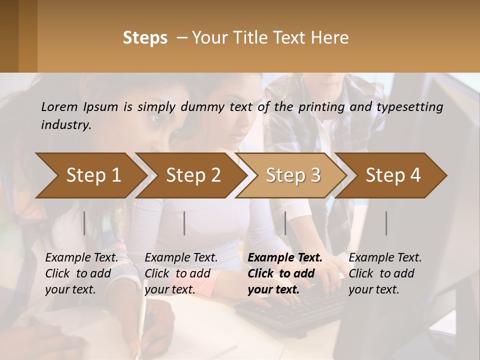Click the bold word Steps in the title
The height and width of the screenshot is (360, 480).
(x=145, y=38)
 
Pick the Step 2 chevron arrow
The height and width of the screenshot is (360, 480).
(x=192, y=175)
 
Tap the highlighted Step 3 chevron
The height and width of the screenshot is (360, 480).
(x=292, y=175)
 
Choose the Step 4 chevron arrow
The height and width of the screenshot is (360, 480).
(x=392, y=175)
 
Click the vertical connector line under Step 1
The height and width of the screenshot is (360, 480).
(x=84, y=223)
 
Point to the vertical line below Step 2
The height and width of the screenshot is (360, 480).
(x=184, y=223)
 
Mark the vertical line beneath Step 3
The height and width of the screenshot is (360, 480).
(x=285, y=223)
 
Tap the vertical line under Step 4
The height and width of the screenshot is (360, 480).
(x=386, y=223)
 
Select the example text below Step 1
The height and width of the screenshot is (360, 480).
(x=81, y=273)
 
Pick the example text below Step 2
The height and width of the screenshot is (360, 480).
(x=181, y=273)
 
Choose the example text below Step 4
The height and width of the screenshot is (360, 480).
(x=385, y=273)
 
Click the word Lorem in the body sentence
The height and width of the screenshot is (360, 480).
(x=59, y=106)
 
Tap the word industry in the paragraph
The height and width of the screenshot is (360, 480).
(x=65, y=125)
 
